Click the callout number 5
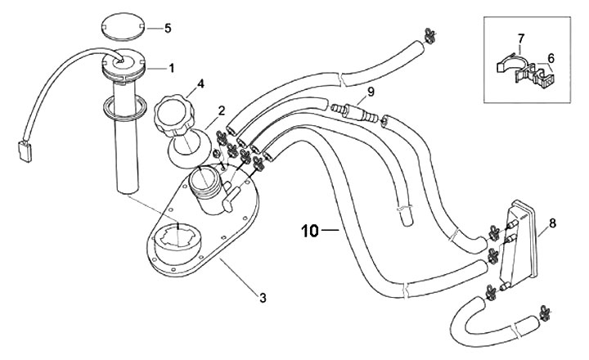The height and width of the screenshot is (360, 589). (168, 28)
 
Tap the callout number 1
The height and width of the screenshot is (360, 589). (172, 69)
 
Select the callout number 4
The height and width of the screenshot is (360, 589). (200, 83)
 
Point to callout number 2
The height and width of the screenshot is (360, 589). (221, 110)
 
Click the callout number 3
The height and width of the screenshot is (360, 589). (263, 298)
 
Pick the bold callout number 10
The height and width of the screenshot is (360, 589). (310, 231)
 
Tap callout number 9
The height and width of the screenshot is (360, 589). (371, 92)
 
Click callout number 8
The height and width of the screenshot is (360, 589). (552, 223)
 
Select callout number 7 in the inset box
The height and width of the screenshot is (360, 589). (520, 38)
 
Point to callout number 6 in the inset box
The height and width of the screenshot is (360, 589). (551, 58)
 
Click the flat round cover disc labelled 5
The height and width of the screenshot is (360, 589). (124, 27)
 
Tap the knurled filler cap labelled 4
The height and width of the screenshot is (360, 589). (174, 116)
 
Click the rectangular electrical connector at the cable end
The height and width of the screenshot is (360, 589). (25, 151)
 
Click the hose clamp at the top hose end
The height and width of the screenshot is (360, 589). (429, 36)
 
